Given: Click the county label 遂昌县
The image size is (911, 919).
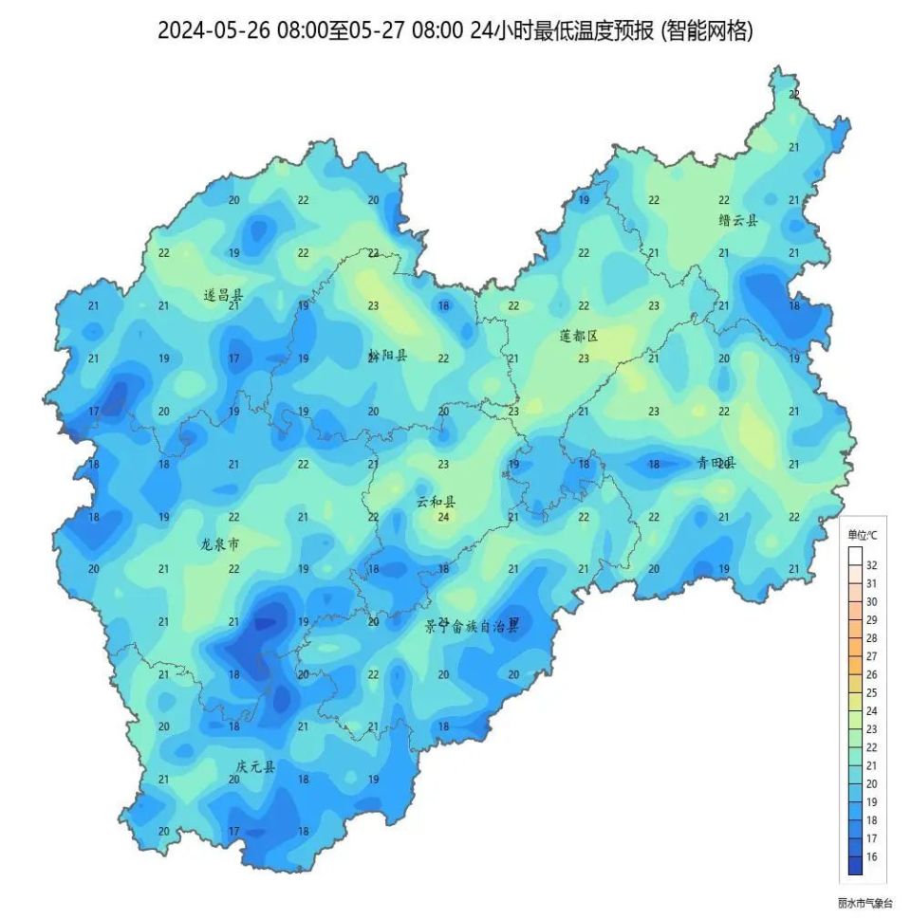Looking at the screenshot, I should [x=223, y=295].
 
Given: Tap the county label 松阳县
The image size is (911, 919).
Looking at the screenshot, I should [x=387, y=356].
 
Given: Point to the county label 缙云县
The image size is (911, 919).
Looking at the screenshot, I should [x=738, y=220].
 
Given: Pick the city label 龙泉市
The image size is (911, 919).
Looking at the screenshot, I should [x=219, y=544].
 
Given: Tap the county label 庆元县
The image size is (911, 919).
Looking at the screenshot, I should [x=254, y=766].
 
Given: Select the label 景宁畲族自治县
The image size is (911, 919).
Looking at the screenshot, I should [x=472, y=626].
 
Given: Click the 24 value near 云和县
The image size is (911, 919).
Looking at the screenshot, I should [x=443, y=517].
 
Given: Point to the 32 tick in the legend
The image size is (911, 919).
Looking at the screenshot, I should [x=871, y=565].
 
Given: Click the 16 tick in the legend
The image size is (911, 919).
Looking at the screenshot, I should [x=871, y=856].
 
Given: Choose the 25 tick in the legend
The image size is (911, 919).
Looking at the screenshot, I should [x=871, y=692].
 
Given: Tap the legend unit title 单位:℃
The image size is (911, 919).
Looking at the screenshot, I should [x=862, y=536].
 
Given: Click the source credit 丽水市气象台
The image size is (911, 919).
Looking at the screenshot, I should [x=865, y=903].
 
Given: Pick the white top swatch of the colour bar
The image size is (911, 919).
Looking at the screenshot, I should [x=856, y=556].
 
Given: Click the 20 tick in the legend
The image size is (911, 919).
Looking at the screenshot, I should [x=871, y=783].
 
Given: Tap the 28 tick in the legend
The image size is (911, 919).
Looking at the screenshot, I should [x=871, y=638].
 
